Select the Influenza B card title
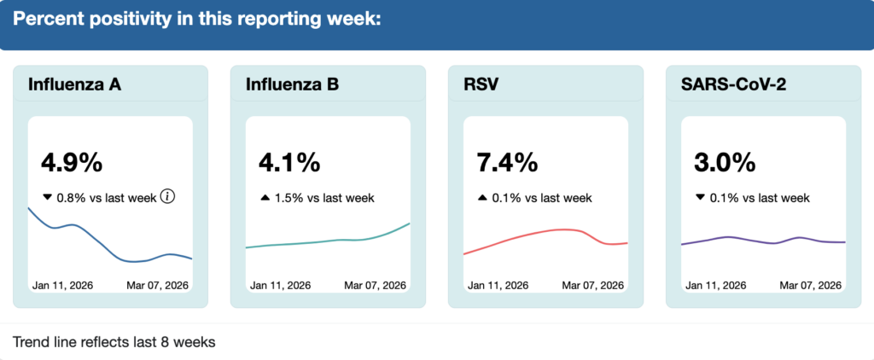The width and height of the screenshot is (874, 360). tap(292, 84)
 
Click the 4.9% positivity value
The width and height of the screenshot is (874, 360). tap(72, 161)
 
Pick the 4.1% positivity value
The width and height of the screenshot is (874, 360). tap(289, 161)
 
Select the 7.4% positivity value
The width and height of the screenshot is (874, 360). tap(507, 161)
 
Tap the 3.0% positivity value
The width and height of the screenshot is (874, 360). tap(725, 161)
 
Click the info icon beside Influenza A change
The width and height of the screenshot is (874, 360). tap(168, 197)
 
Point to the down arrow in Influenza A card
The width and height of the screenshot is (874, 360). tap(47, 198)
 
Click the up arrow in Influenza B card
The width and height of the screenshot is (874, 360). tap(265, 198)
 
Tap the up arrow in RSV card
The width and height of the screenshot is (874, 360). tap(482, 198)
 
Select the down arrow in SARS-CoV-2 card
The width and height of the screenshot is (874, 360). tap(700, 198)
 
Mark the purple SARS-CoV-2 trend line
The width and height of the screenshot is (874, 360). tap(763, 241)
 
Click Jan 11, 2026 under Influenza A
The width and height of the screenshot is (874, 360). tap(62, 285)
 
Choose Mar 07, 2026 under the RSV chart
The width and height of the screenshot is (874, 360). tap(592, 285)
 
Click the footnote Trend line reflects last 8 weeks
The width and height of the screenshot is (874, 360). tap(114, 342)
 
